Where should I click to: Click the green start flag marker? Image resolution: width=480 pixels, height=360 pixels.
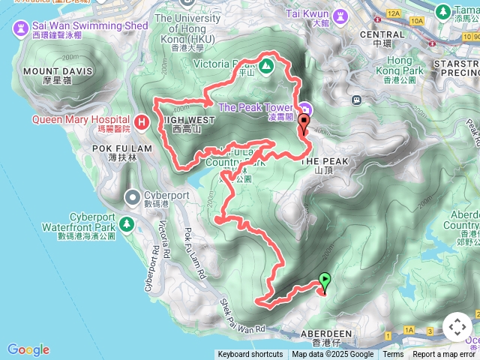(x=325, y=282)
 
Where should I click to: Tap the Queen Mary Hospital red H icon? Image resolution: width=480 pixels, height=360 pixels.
(x=142, y=121)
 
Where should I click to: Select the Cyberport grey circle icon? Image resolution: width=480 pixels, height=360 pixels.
(x=133, y=197)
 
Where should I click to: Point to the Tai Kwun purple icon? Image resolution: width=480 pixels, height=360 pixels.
(x=339, y=14)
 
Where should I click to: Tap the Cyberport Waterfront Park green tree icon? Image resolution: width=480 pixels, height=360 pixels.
(x=127, y=223)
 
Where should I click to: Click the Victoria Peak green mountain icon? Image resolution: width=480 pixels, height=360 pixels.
(x=268, y=65)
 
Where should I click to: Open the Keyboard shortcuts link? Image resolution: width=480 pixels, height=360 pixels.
(x=250, y=355)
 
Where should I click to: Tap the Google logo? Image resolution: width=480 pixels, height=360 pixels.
(x=28, y=349)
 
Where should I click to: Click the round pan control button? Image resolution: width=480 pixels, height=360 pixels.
(x=457, y=328)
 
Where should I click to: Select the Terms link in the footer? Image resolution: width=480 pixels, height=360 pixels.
(x=393, y=355)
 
